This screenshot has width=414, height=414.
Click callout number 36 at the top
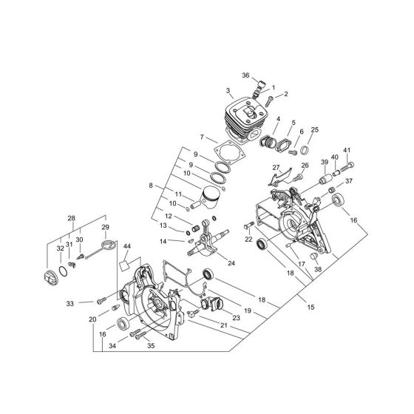point(245,75)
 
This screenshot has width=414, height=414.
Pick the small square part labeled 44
point(125,260)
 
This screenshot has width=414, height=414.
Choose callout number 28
point(72,218)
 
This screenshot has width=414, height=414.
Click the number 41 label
point(347,150)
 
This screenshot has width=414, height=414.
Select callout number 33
point(69,303)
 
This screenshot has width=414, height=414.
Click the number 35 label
point(151,345)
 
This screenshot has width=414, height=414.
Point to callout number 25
point(315,130)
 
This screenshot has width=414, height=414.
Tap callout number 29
point(105,227)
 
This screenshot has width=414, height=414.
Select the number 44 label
point(128,245)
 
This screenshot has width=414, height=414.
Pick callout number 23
point(237,318)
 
